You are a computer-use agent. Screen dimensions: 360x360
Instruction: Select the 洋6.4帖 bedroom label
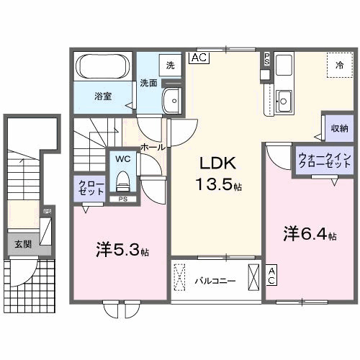click(x=310, y=234)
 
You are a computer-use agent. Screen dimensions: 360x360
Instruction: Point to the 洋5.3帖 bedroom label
click(x=122, y=251)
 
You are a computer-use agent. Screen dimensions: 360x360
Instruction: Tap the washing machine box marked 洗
click(x=170, y=65)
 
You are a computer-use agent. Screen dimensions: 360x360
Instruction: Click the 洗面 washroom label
click(x=148, y=82)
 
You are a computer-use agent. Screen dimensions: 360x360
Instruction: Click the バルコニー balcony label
click(x=214, y=281)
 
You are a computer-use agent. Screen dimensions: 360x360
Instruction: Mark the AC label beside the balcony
click(x=271, y=275)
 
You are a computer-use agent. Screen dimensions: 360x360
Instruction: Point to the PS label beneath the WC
click(x=122, y=199)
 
